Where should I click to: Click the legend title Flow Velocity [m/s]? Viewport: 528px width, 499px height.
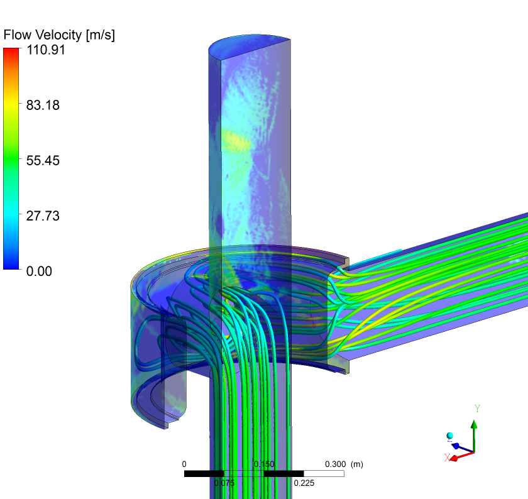tap(59, 35)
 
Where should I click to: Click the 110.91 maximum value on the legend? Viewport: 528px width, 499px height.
tap(45, 50)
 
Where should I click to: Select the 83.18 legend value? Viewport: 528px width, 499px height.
tap(43, 106)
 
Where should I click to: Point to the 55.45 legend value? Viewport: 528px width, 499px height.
tap(43, 161)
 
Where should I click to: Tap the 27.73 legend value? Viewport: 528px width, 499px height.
tap(43, 216)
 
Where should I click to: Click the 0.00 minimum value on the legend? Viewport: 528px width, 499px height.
tap(39, 271)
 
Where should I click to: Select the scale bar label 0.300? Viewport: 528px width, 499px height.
tap(335, 464)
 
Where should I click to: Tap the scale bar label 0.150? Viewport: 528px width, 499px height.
tap(264, 464)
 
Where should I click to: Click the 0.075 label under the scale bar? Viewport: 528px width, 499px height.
tap(224, 483)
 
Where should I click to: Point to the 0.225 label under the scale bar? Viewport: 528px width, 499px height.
tap(304, 483)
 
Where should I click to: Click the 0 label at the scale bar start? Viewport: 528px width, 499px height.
tap(184, 464)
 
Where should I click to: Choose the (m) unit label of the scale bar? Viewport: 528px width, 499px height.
tap(357, 464)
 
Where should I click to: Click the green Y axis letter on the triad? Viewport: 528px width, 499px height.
tap(477, 409)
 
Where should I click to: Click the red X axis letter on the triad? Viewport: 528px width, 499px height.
tap(447, 458)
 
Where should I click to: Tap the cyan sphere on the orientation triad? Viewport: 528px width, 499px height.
tap(450, 436)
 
